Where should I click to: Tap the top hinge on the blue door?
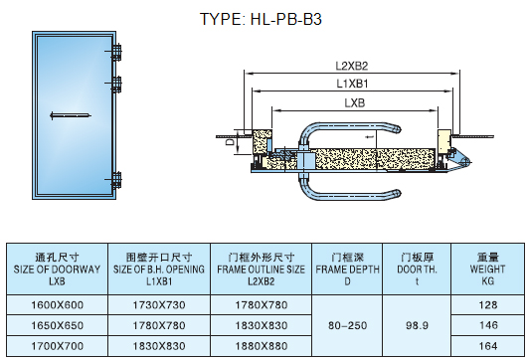pos(117,49)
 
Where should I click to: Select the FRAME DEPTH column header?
pos(347,269)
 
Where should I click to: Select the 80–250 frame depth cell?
pos(347,324)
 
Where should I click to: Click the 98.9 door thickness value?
pos(418,324)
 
